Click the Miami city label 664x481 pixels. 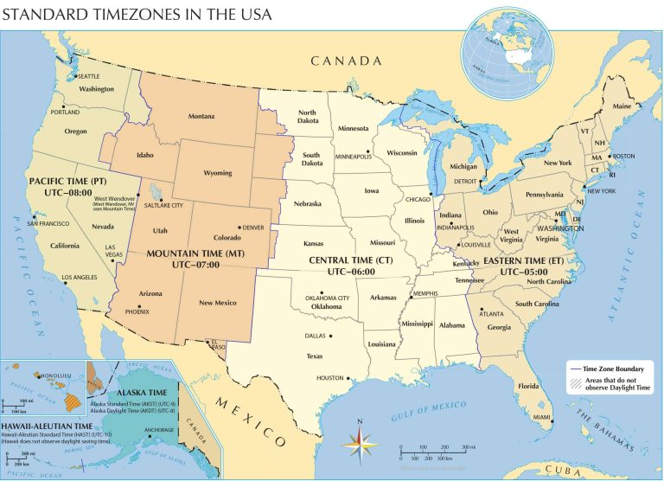point(542,418)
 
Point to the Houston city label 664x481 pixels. point(329,378)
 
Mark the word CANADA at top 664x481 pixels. point(346,61)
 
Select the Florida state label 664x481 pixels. point(528,386)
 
